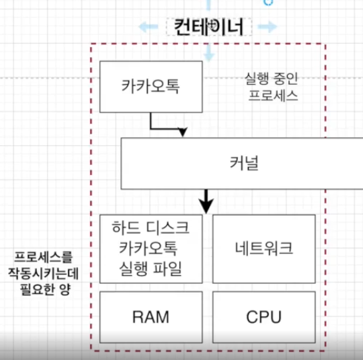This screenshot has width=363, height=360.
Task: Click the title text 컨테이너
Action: click(x=208, y=27)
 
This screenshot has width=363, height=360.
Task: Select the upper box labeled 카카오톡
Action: click(x=151, y=87)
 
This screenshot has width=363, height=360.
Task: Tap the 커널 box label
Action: click(x=244, y=164)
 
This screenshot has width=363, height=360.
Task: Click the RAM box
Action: click(x=151, y=317)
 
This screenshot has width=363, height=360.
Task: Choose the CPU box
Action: click(x=264, y=317)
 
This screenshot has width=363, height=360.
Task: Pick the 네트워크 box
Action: click(x=264, y=249)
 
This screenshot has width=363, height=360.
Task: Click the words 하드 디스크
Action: click(x=151, y=227)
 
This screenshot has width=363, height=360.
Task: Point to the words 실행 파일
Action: click(x=151, y=268)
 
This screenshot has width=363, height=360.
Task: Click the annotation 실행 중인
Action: click(x=272, y=79)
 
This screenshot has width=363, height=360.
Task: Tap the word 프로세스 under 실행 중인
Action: click(x=273, y=96)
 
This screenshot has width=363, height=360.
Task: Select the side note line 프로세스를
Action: click(x=44, y=257)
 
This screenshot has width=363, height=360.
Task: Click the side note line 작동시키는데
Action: click(x=44, y=274)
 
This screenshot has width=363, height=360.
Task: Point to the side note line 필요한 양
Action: click(x=45, y=289)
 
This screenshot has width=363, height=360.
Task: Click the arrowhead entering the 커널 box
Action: click(x=183, y=132)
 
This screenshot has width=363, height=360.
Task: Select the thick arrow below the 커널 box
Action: click(x=206, y=201)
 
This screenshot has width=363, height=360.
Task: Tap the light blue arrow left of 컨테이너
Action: click(x=148, y=27)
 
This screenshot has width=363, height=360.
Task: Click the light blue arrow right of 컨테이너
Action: click(x=268, y=27)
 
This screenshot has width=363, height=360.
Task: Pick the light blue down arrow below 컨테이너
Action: click(x=209, y=53)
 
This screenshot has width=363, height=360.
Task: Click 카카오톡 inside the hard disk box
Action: click(x=149, y=248)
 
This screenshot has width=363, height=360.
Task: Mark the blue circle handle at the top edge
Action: click(x=268, y=2)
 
